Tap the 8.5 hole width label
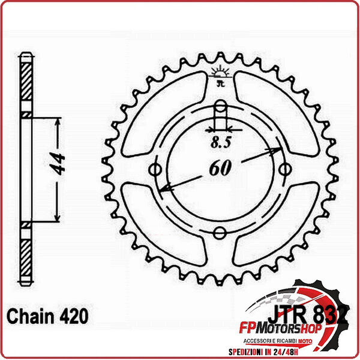(x=220, y=143)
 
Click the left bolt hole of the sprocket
(x=158, y=170)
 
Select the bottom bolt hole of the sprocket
(x=220, y=232)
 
